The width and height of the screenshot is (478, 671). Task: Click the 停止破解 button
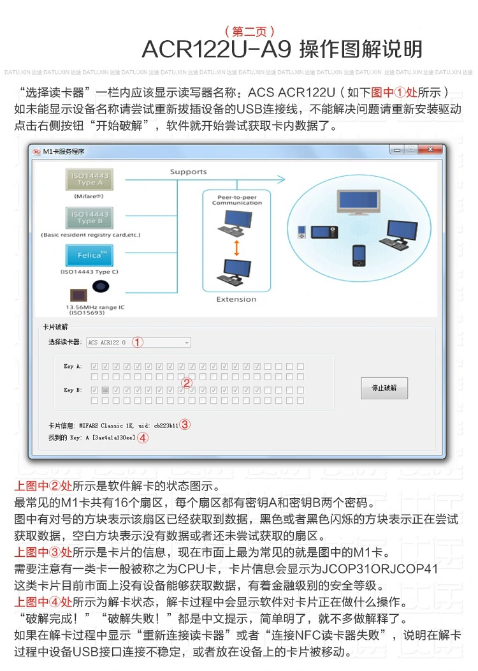(x=384, y=388)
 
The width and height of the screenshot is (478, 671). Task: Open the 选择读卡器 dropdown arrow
(x=187, y=343)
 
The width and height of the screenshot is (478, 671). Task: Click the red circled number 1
(x=138, y=343)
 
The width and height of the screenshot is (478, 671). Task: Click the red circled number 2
(x=187, y=383)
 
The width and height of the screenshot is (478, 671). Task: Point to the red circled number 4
(x=143, y=438)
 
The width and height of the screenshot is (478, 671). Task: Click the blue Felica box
(x=89, y=255)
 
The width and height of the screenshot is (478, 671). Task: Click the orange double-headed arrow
(x=236, y=247)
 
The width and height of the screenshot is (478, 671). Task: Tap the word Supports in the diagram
(x=188, y=172)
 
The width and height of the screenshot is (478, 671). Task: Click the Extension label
(x=236, y=299)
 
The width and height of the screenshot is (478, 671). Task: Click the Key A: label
(x=73, y=367)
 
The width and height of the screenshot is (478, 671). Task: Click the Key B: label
(x=73, y=390)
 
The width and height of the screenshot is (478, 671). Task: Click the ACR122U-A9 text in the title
(x=216, y=49)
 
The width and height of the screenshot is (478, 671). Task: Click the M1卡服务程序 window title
(x=63, y=152)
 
